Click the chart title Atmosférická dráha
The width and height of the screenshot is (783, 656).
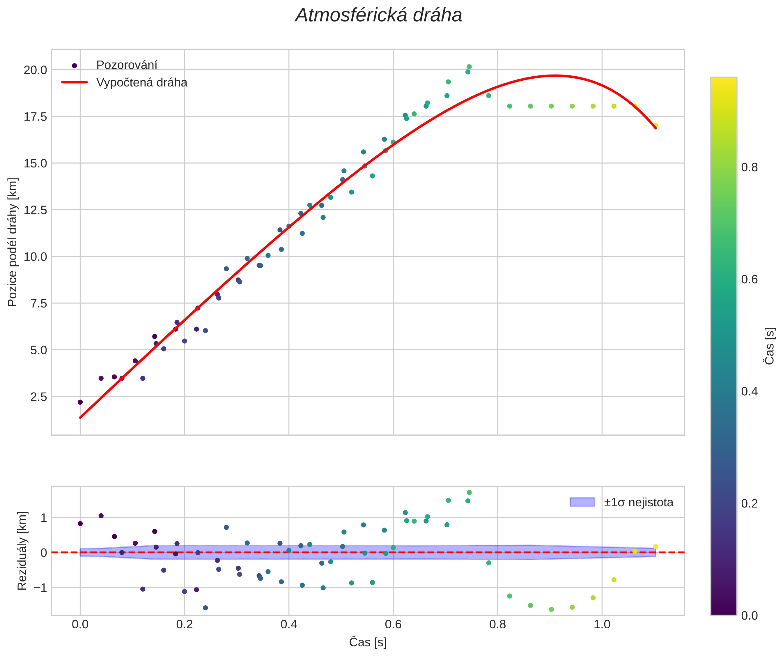point(378,16)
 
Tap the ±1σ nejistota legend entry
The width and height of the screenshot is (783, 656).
point(638,502)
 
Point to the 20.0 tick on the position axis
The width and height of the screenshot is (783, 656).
point(36,70)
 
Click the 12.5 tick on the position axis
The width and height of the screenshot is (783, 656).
point(36,210)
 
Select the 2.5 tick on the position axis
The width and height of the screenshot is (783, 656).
point(38,397)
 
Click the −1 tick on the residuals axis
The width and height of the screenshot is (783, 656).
point(40,588)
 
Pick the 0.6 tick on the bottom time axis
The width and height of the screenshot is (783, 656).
point(393,624)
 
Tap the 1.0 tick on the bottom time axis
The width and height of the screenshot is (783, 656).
point(602,624)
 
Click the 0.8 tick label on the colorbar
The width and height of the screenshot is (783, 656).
point(750,167)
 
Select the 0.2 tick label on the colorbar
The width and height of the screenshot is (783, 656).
point(750,503)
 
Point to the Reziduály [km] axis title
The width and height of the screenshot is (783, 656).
point(22,551)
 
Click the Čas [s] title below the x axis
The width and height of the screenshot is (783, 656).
point(368,642)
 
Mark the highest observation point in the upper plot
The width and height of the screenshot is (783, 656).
point(469,67)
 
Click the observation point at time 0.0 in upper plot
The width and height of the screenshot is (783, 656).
point(80,402)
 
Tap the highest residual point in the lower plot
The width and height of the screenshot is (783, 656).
point(469,493)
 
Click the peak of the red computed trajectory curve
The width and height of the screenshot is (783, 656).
point(555,76)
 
